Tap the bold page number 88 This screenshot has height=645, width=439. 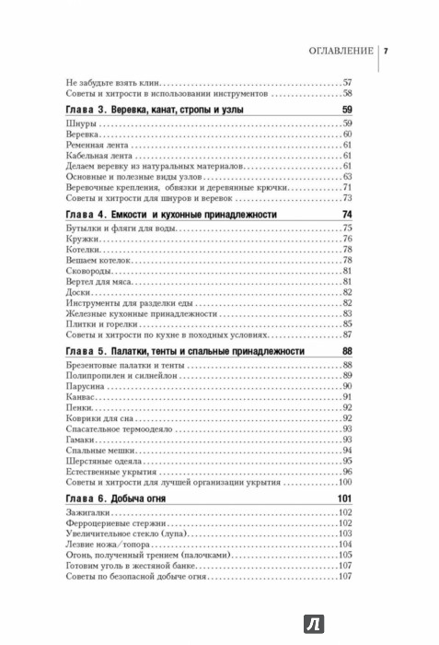[x=346, y=351]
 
